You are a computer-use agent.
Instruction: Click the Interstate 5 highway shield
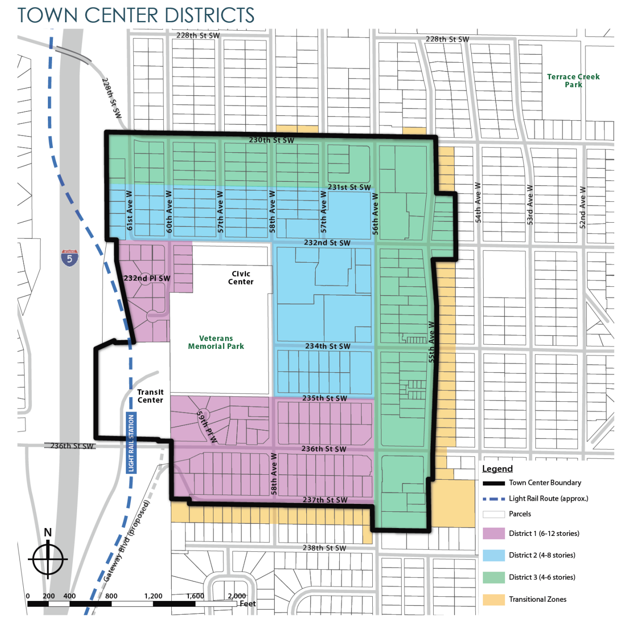point(70,258)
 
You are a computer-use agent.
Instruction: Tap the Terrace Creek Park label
point(573,80)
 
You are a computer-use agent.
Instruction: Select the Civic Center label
point(240,277)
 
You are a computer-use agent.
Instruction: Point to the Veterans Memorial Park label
point(216,342)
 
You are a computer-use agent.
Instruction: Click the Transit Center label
point(150,396)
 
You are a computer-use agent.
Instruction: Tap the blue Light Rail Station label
point(131,443)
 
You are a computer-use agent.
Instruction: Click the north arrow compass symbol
point(48,558)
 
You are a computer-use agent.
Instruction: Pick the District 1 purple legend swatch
point(493,533)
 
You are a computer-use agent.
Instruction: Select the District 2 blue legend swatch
point(493,555)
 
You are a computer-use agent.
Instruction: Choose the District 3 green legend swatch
point(493,577)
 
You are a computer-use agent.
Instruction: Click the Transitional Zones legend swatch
point(493,599)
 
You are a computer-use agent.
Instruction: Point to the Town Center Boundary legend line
point(493,483)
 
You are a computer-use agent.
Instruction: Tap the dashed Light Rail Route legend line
point(493,499)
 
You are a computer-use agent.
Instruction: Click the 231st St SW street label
point(349,187)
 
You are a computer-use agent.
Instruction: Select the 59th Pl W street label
point(207,426)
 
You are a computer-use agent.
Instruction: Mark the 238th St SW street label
point(324,548)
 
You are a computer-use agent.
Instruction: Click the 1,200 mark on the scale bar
point(153,596)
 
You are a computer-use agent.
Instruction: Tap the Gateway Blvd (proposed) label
point(126,541)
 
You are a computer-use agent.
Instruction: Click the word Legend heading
point(497,469)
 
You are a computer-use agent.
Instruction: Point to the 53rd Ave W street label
point(530,205)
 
